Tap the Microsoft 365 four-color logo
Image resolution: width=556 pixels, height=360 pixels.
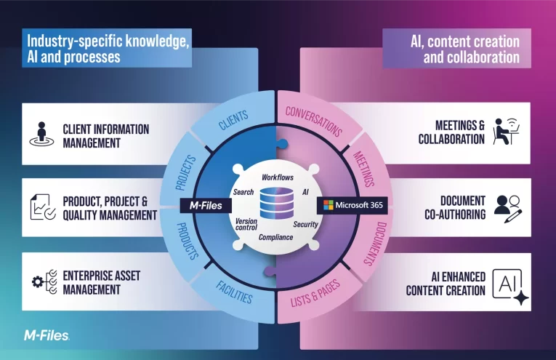327,205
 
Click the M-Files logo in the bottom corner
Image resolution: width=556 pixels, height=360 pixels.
47,335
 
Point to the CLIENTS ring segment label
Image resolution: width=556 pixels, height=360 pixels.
233,121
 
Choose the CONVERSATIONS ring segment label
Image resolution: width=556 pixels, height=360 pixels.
313,121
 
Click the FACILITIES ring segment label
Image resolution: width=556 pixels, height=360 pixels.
233,292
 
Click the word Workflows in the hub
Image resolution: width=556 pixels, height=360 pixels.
278,177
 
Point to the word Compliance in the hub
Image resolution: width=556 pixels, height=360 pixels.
277,237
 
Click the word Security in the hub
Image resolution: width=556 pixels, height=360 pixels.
306,225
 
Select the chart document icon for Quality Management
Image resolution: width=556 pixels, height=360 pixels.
41,208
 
